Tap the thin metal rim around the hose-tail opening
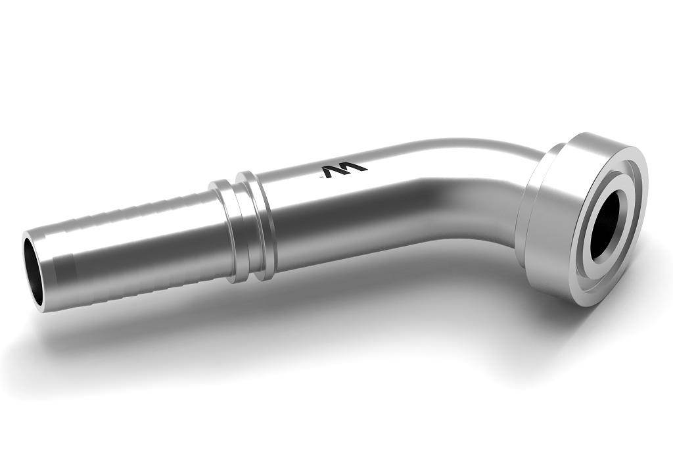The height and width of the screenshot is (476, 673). pyautogui.click(x=25, y=263)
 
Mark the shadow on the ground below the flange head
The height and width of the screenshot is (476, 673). pyautogui.click(x=578, y=322)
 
